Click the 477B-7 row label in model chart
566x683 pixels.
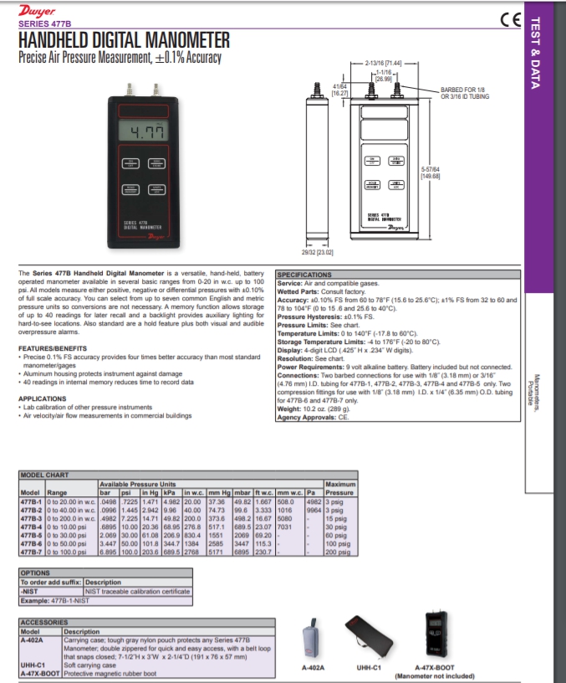(31, 552)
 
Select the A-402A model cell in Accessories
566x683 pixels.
(32, 639)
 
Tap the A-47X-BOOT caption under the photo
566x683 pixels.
(434, 668)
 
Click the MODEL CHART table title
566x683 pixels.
(44, 475)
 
